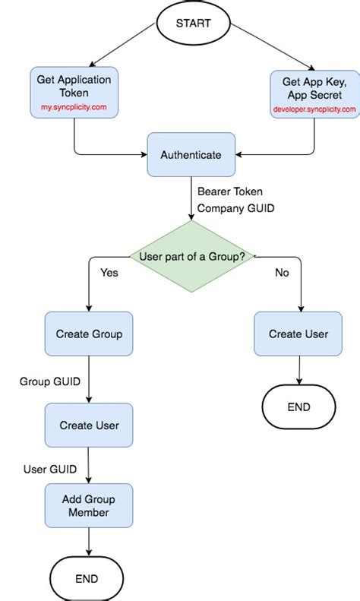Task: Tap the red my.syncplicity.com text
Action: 74,108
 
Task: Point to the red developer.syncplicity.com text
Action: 314,109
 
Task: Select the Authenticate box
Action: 191,155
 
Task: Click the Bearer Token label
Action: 229,191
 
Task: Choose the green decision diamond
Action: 191,256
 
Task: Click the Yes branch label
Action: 109,273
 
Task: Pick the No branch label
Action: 283,273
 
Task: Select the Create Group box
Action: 89,334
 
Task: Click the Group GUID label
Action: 50,380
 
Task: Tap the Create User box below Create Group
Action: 89,425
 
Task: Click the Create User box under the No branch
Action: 298,334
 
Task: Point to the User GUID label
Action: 50,469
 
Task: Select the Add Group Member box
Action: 89,506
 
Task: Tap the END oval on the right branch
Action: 298,407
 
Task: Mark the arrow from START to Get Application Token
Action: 122,45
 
